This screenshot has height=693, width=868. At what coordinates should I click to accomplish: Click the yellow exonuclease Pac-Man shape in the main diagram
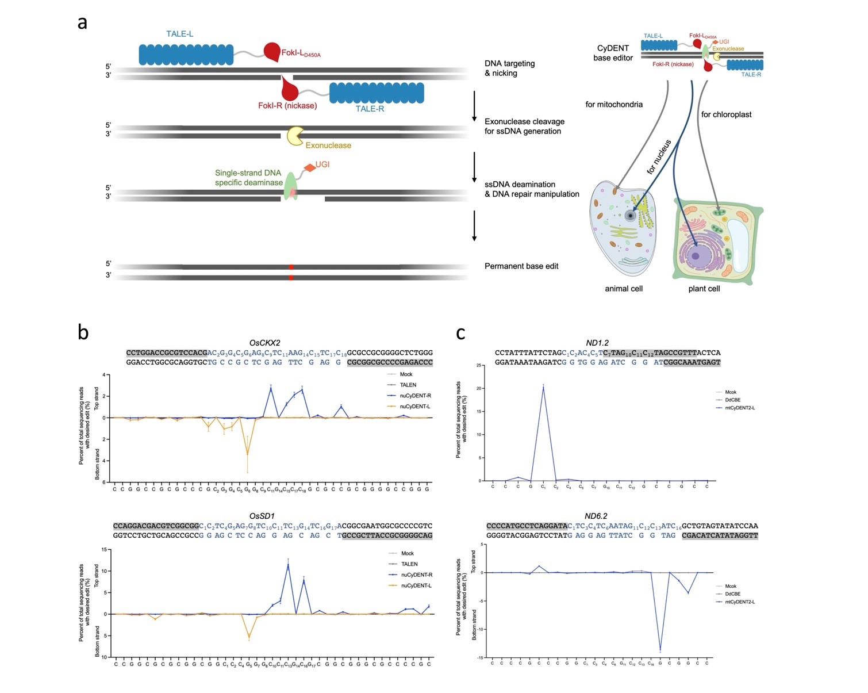295,136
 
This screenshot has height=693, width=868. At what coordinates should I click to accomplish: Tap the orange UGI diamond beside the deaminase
310,167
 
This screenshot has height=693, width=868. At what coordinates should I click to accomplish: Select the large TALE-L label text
179,34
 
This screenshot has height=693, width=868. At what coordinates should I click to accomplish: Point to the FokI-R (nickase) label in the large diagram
287,106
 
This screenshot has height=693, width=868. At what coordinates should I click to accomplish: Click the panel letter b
83,332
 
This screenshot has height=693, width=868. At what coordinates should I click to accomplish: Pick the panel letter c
460,332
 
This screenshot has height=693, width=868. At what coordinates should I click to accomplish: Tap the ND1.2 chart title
597,343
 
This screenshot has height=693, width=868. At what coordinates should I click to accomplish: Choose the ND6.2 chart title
596,516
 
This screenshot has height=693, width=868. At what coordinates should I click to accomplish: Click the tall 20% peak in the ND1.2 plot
543,388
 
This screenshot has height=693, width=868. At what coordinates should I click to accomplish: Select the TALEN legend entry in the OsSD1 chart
409,564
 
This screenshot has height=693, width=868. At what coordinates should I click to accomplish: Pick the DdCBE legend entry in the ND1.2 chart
732,400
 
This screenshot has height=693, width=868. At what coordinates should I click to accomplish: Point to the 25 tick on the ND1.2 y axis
479,365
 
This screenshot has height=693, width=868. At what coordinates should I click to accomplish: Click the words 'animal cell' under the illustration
624,289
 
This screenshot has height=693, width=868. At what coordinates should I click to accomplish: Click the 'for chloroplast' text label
726,114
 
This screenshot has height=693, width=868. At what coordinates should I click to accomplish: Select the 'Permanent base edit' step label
521,266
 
